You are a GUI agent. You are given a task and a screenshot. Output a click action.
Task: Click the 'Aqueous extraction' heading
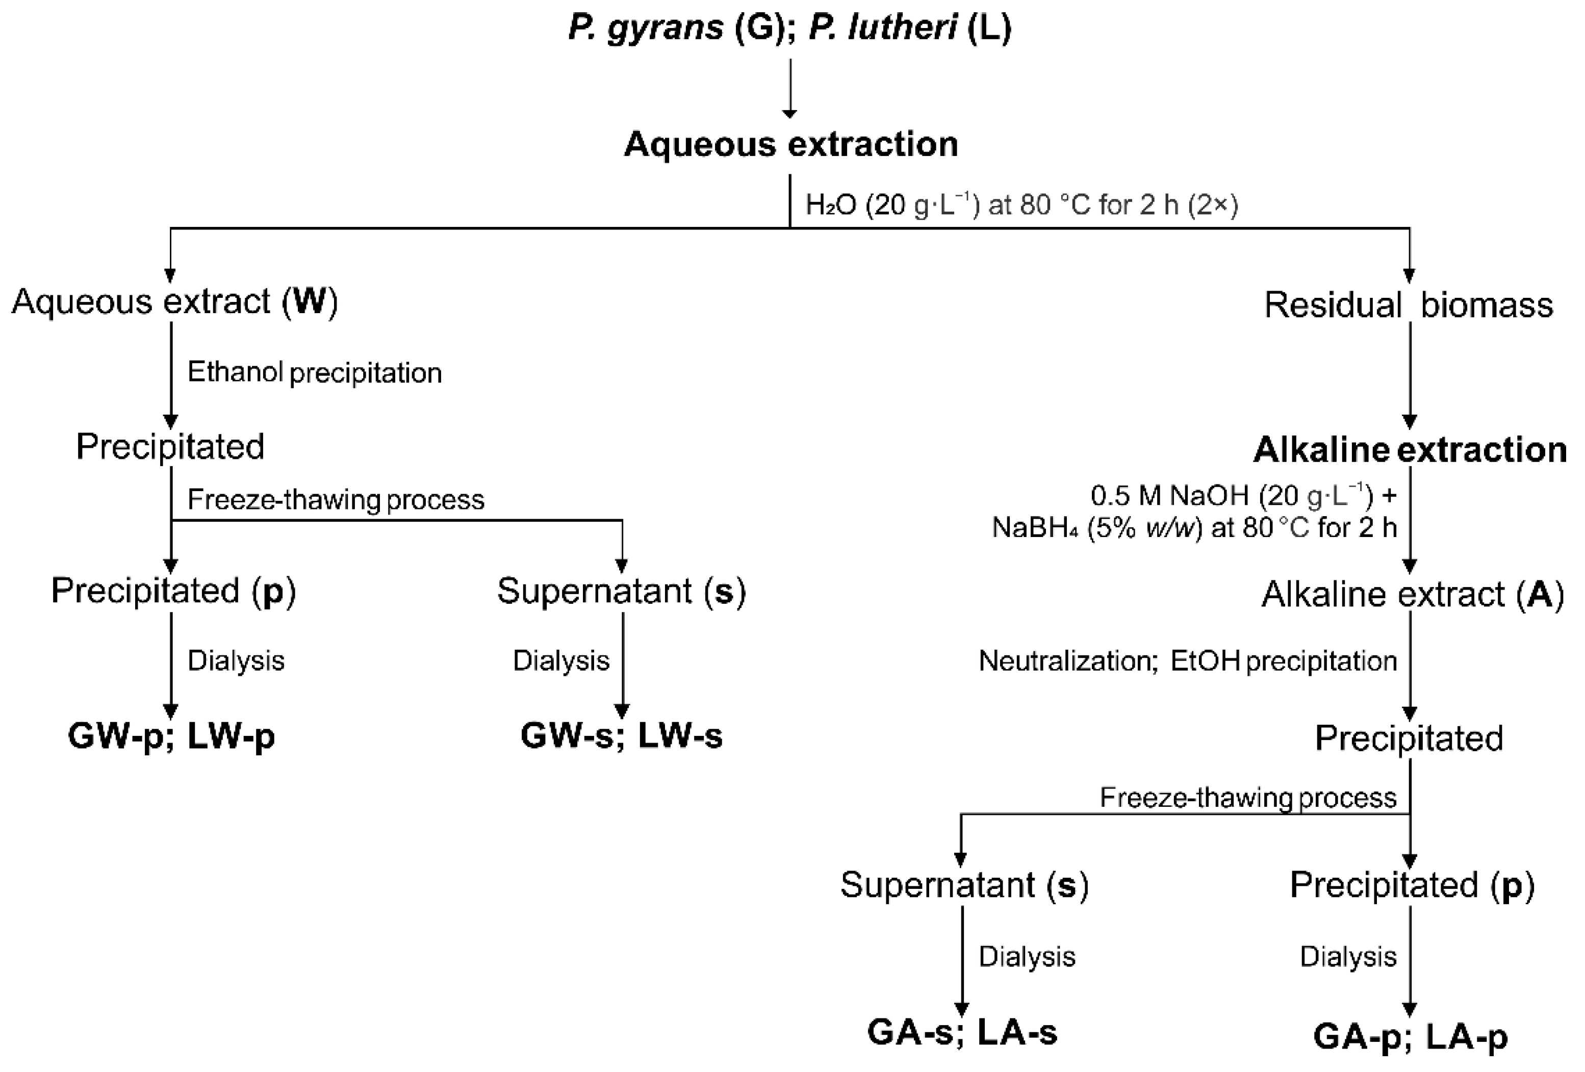pyautogui.click(x=790, y=144)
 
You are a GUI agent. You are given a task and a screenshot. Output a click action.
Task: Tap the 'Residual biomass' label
pyautogui.click(x=1409, y=305)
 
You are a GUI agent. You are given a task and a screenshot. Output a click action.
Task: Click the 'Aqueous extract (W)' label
pyautogui.click(x=174, y=301)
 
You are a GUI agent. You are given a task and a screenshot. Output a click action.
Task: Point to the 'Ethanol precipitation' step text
pyautogui.click(x=315, y=373)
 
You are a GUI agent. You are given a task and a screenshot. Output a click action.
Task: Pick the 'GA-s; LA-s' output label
pyautogui.click(x=962, y=1032)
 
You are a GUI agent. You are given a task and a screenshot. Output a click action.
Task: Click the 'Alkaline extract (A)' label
pyautogui.click(x=1412, y=595)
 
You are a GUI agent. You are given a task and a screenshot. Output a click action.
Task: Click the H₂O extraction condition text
pyautogui.click(x=1021, y=205)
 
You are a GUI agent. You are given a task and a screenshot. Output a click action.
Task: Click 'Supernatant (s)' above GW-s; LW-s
pyautogui.click(x=621, y=591)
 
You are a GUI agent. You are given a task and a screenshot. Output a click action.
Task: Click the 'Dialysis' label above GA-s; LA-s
pyautogui.click(x=1027, y=957)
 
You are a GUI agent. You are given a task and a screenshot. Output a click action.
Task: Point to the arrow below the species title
pyautogui.click(x=790, y=89)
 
